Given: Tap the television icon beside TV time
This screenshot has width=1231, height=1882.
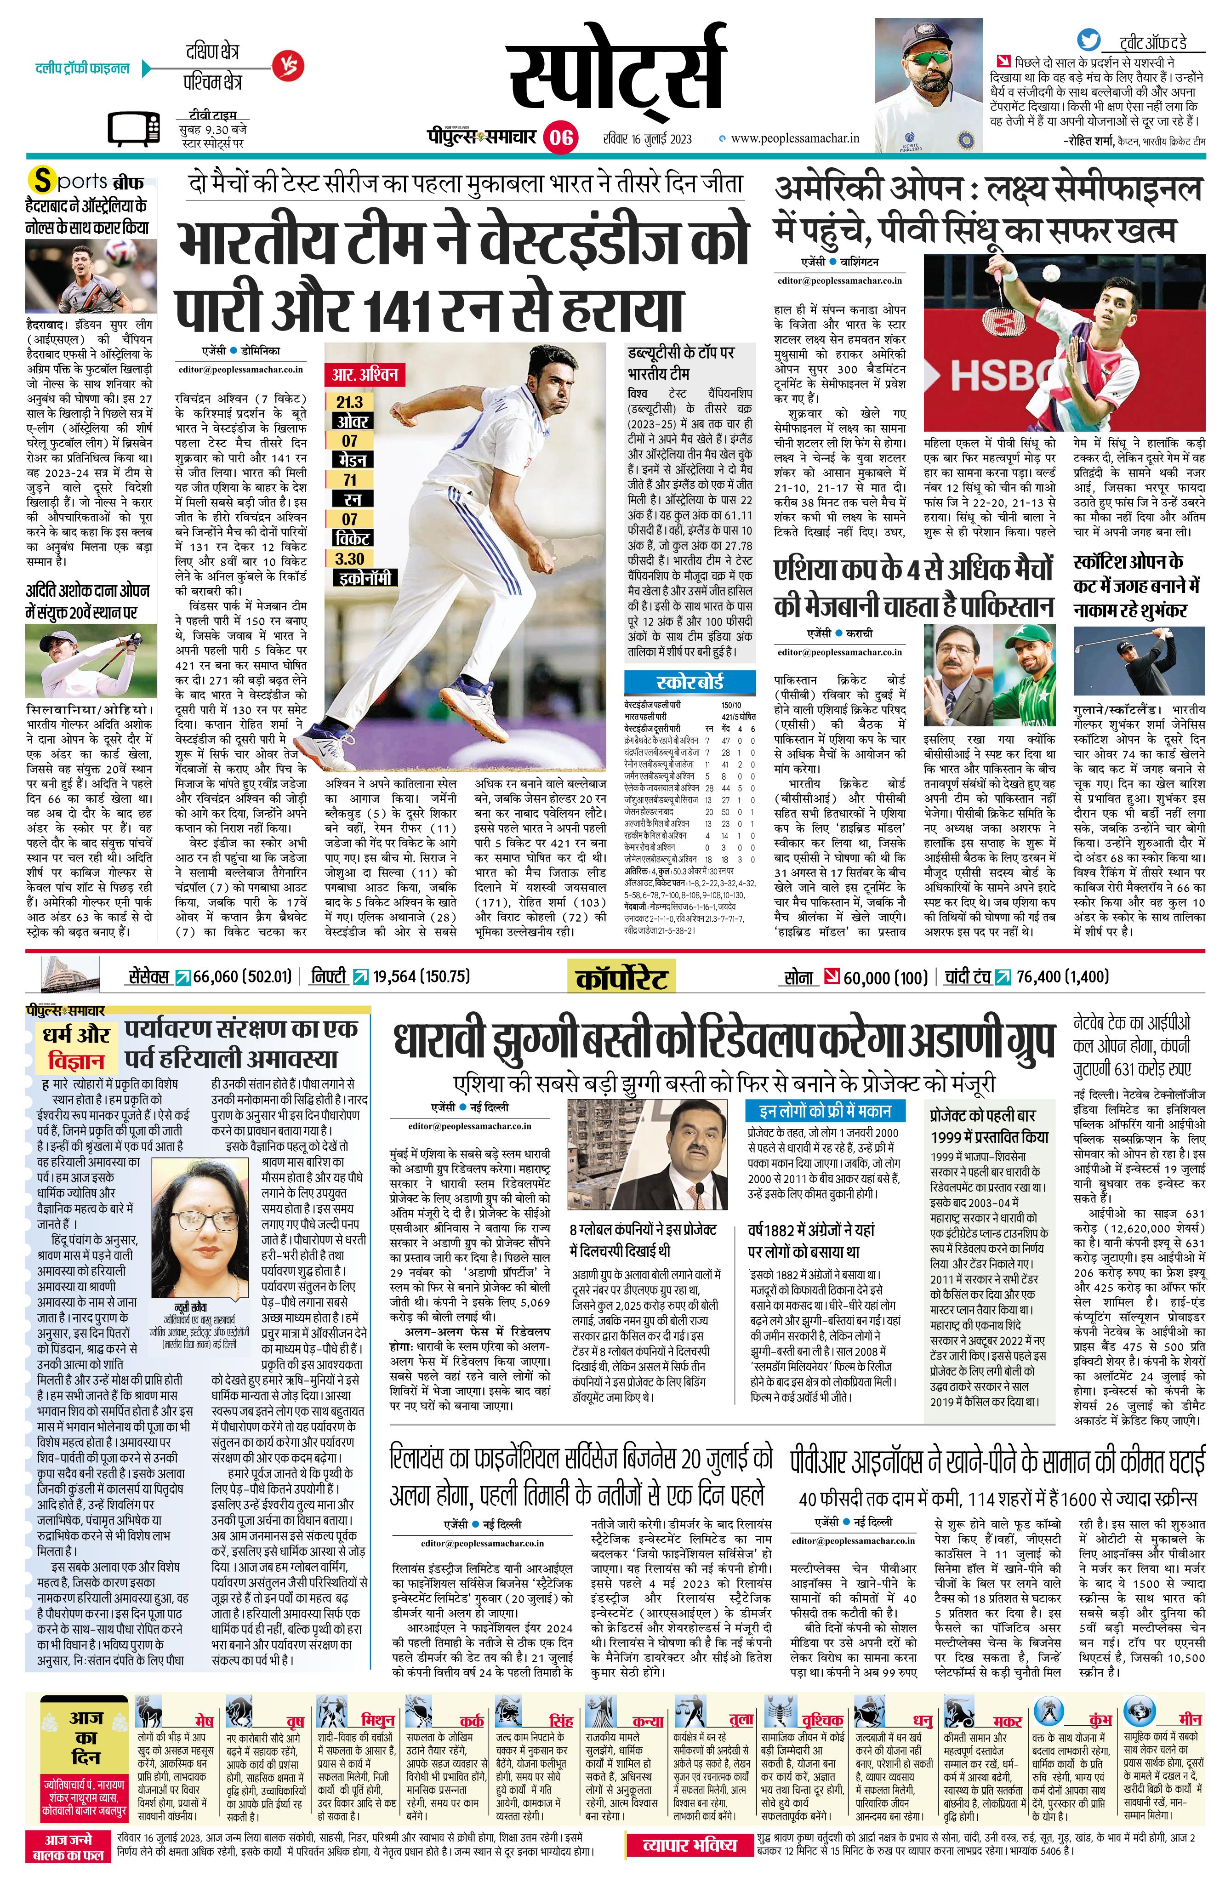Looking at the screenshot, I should (x=132, y=131).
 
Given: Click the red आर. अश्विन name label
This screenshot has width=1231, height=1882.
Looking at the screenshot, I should (x=366, y=374).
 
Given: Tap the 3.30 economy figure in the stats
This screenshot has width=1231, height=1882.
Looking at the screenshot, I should (x=349, y=558).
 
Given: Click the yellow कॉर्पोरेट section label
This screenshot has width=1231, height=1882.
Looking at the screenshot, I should (x=621, y=977).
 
